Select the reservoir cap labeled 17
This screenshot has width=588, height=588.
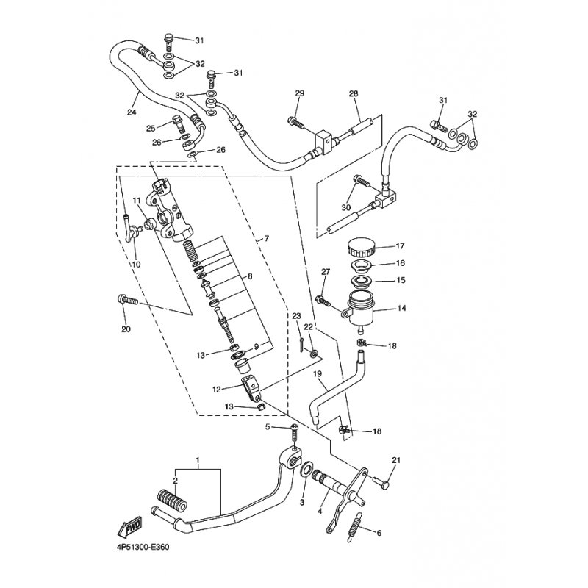[x=362, y=248]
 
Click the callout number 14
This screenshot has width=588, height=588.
[x=401, y=308]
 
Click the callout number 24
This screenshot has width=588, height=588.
[x=132, y=112]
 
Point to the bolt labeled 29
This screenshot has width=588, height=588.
[x=295, y=122]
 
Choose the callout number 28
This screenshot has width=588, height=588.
[x=354, y=93]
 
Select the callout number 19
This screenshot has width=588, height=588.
[x=318, y=374]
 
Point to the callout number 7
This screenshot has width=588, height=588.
[x=267, y=238]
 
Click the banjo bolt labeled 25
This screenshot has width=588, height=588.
[x=179, y=123]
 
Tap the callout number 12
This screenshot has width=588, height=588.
[x=216, y=390]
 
